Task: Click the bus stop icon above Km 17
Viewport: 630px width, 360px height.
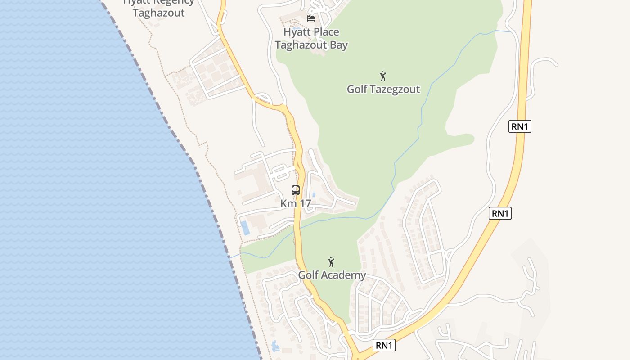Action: [296, 190]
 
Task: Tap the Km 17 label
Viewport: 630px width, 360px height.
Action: [296, 203]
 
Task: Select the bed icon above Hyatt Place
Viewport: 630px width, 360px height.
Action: [310, 18]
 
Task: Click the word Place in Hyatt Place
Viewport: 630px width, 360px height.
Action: [325, 32]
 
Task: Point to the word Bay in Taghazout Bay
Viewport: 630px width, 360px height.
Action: [338, 45]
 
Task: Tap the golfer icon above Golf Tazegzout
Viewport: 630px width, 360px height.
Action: [383, 76]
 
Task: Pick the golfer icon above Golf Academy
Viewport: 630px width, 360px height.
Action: [331, 261]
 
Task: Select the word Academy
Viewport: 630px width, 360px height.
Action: [343, 275]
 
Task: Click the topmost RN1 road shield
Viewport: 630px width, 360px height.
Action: [520, 126]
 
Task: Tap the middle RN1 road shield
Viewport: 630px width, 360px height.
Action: [500, 213]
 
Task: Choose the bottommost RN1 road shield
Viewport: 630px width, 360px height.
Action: [384, 345]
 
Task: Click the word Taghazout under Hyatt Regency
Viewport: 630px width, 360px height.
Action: [158, 13]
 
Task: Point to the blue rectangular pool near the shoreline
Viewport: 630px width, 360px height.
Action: [245, 227]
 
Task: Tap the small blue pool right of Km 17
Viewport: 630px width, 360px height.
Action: [314, 195]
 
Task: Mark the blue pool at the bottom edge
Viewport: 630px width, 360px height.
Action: [275, 346]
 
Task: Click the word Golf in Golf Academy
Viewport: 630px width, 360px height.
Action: [309, 275]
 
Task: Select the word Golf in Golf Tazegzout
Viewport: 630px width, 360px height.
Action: [357, 89]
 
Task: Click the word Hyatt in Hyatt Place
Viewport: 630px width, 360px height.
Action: [295, 32]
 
